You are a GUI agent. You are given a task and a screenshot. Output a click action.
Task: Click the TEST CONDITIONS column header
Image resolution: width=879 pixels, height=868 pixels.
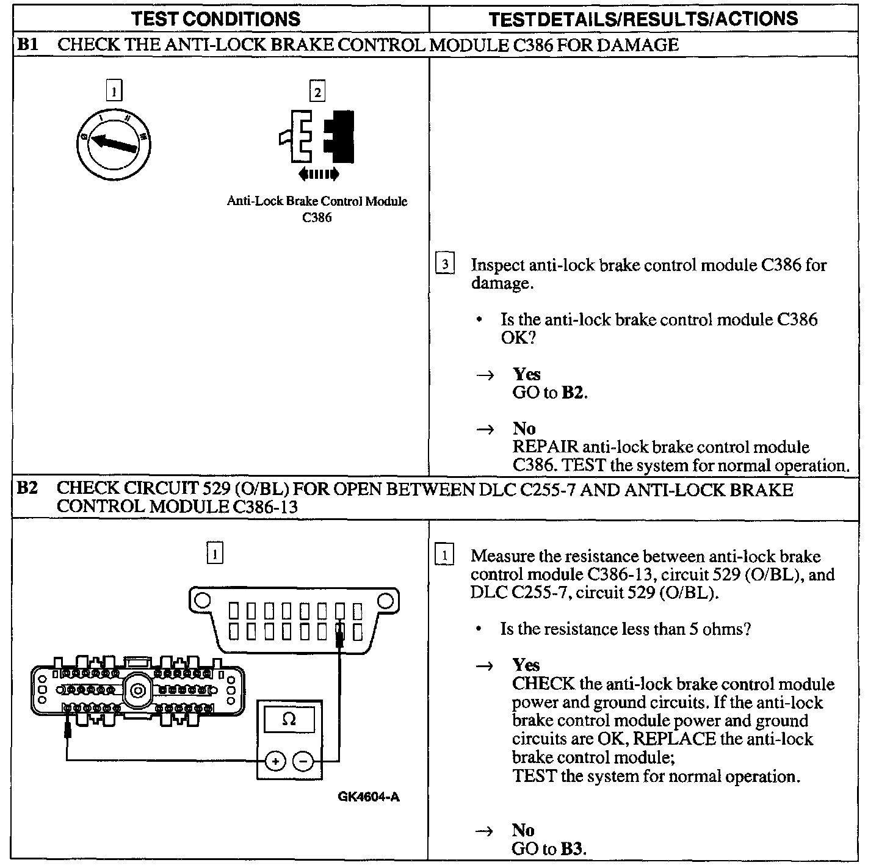pos(215,18)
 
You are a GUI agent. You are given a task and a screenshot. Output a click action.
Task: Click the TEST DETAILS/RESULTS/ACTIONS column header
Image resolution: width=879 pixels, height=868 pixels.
pos(643,18)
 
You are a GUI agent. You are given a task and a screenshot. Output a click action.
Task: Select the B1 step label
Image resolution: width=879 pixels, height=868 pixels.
pos(27,45)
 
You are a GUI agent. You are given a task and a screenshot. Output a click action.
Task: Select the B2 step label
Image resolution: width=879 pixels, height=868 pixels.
pos(27,490)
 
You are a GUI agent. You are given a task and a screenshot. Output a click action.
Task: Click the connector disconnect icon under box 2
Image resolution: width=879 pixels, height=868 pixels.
pos(318,137)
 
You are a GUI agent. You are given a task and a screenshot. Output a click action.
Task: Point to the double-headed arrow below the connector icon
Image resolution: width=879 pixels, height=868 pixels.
pos(318,175)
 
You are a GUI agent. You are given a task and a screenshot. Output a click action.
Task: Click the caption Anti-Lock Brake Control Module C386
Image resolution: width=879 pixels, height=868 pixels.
pos(317,209)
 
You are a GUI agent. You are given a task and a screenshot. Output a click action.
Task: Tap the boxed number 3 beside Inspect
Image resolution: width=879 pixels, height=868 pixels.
pos(444,265)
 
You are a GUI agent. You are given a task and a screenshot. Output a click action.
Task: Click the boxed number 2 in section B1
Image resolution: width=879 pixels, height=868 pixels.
pos(317,92)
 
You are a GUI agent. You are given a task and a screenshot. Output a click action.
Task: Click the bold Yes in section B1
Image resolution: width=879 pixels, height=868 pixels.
pos(526,374)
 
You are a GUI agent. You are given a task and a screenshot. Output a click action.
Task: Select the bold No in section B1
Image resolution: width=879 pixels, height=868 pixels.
pos(524,429)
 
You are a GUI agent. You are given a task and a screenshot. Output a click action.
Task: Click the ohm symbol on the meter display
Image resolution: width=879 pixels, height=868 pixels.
pos(289,720)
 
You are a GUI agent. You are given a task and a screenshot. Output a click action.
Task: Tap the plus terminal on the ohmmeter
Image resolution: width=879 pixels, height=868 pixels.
pos(275,761)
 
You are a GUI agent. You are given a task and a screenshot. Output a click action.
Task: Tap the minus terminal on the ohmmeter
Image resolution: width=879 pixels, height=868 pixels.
pos(303,761)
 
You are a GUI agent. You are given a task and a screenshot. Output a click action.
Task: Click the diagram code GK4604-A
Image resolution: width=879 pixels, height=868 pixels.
pos(369,797)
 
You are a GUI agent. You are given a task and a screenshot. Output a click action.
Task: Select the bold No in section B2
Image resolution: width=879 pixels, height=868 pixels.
pos(523,830)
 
